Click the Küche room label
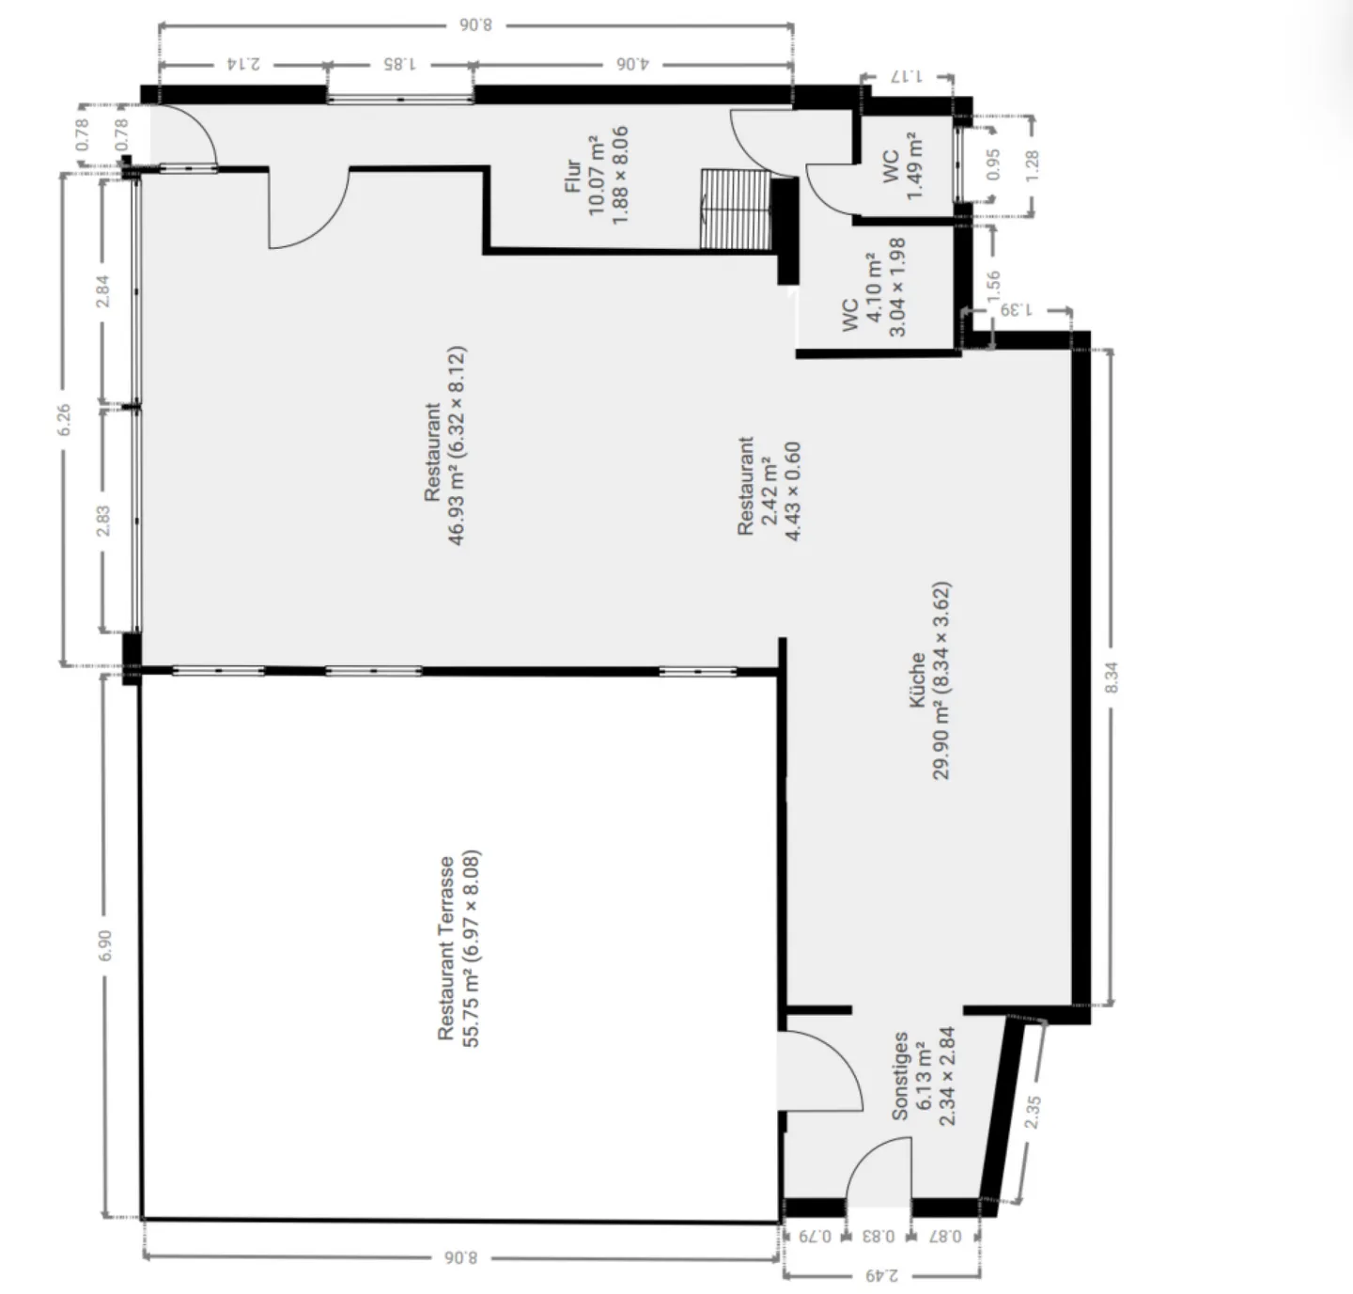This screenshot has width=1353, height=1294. pyautogui.click(x=930, y=680)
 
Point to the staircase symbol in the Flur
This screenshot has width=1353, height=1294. pyautogui.click(x=735, y=210)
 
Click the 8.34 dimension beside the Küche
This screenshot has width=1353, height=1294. pyautogui.click(x=1112, y=677)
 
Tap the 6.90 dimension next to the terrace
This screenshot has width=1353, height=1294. pyautogui.click(x=104, y=945)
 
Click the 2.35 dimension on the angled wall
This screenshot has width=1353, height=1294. pyautogui.click(x=1033, y=1113)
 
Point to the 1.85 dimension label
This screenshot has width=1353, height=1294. pyautogui.click(x=398, y=64)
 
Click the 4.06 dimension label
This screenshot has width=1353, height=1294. pyautogui.click(x=632, y=64)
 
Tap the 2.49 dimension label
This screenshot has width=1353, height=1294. pyautogui.click(x=881, y=1275)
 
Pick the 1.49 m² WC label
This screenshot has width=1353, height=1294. pyautogui.click(x=903, y=165)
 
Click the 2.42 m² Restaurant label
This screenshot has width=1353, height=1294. pyautogui.click(x=769, y=487)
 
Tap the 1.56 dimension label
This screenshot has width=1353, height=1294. pyautogui.click(x=994, y=285)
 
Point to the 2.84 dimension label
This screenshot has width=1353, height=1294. pyautogui.click(x=103, y=290)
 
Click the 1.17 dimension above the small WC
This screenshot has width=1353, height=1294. pyautogui.click(x=908, y=77)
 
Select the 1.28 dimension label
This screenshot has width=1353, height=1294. pyautogui.click(x=1032, y=166)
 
